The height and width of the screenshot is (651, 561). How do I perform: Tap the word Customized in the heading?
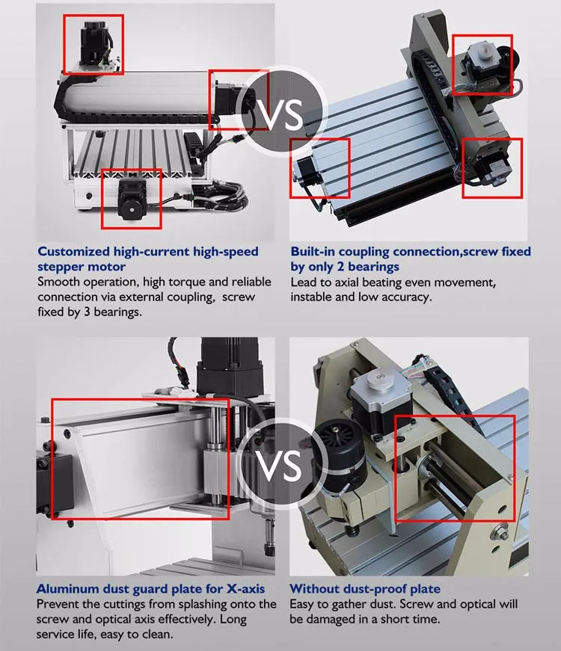(x=73, y=252)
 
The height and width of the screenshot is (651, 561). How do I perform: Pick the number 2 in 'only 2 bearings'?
(x=341, y=267)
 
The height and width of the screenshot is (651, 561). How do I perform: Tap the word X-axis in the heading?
(x=245, y=589)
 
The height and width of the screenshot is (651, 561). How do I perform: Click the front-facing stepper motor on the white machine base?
(x=132, y=199)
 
